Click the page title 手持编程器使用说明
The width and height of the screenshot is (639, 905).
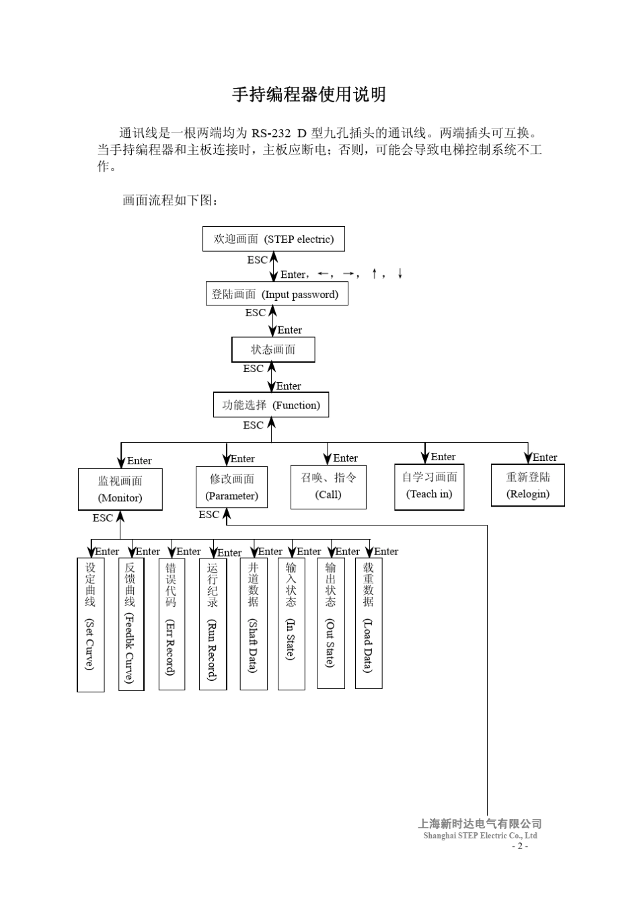click(x=309, y=95)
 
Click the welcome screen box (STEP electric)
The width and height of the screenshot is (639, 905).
click(x=273, y=239)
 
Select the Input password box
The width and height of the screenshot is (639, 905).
click(x=276, y=294)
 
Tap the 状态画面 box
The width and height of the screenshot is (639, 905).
click(x=273, y=350)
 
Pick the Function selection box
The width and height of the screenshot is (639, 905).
click(x=271, y=405)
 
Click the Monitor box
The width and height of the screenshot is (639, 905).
click(x=120, y=489)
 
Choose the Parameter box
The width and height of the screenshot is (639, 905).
click(x=232, y=487)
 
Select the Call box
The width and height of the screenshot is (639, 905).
click(x=328, y=486)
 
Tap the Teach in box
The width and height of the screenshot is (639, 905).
click(x=429, y=486)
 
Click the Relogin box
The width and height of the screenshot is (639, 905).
click(x=527, y=485)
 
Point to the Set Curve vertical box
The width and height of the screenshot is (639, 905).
click(x=90, y=624)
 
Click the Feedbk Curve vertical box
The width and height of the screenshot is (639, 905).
click(x=130, y=624)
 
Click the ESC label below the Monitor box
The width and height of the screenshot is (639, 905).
click(x=102, y=518)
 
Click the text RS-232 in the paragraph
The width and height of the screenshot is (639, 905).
click(x=271, y=133)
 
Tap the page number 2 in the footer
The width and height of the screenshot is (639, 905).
click(x=519, y=846)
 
